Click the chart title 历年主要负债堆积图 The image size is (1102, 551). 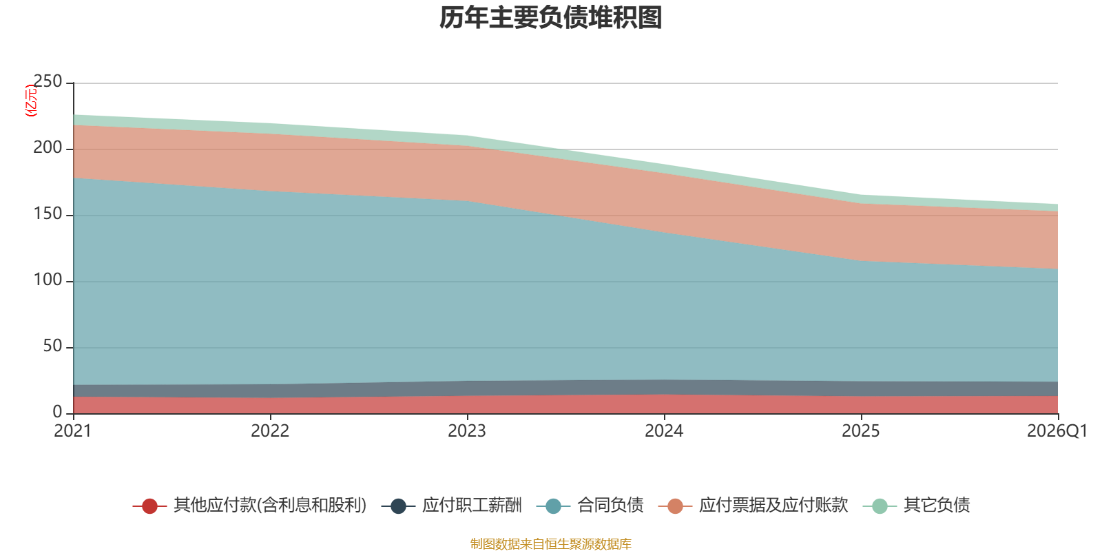(x=550, y=18)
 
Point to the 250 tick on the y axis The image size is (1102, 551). (x=48, y=82)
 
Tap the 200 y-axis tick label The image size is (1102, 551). (x=48, y=147)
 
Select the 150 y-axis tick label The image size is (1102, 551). (x=48, y=214)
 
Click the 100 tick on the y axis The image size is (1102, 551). (x=48, y=280)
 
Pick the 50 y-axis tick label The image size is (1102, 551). (x=52, y=346)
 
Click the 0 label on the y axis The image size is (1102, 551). (x=58, y=413)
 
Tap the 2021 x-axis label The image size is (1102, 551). (x=73, y=431)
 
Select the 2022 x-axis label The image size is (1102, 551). (x=270, y=431)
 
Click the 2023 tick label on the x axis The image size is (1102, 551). (x=467, y=431)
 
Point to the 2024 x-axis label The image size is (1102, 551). (x=664, y=431)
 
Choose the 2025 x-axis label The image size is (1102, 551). (x=861, y=431)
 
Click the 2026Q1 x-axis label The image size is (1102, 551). (x=1057, y=431)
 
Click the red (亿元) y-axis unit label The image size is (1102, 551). (x=30, y=101)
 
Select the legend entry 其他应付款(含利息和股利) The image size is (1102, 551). (x=250, y=506)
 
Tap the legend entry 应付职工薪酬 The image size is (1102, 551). (x=452, y=506)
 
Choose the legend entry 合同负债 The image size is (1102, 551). (x=590, y=506)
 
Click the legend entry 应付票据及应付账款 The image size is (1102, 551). (x=753, y=506)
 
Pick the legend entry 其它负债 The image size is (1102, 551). (x=917, y=506)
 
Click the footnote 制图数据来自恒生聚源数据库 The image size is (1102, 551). (x=550, y=543)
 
